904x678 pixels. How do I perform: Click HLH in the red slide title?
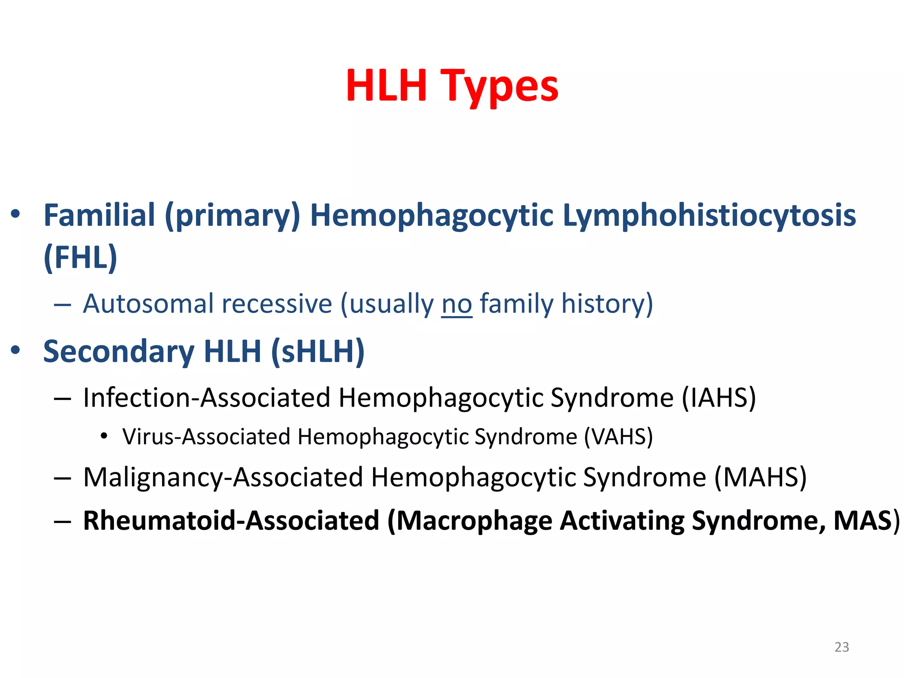[x=387, y=86]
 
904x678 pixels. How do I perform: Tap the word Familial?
[x=99, y=215]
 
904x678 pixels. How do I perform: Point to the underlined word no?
[x=456, y=304]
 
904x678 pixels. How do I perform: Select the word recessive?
[x=277, y=304]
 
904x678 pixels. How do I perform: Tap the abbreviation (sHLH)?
[x=318, y=352]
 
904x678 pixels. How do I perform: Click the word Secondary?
[x=119, y=352]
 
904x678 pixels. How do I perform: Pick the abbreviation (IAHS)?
[x=719, y=398]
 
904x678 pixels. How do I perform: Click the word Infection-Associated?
[x=207, y=398]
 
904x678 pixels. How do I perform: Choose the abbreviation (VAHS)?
[x=618, y=437]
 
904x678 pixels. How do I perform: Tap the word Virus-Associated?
[x=206, y=437]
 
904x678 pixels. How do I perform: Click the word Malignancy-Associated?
[x=223, y=478]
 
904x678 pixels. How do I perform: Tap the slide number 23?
[x=842, y=647]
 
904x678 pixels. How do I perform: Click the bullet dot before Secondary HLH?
[x=16, y=350]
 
